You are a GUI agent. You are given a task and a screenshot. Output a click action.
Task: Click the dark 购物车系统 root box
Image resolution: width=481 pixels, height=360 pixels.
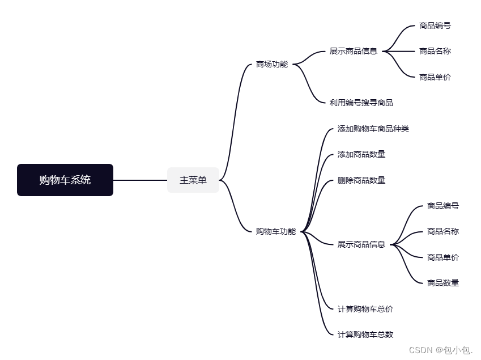65,180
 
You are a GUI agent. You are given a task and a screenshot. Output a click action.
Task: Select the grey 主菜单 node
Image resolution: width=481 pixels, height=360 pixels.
193,180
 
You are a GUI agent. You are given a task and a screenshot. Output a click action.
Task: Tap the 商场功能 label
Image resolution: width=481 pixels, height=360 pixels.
272,64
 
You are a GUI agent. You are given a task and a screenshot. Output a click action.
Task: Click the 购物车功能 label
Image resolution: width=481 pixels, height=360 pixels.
276,231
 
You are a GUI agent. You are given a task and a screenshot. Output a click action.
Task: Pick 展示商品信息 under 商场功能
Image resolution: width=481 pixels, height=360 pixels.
354,51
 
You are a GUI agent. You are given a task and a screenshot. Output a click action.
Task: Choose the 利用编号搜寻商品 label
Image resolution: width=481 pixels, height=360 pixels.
361,103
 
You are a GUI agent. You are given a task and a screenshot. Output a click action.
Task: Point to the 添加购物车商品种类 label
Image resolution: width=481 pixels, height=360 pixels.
373,129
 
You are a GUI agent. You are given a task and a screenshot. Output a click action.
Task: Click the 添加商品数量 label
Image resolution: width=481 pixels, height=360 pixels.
361,154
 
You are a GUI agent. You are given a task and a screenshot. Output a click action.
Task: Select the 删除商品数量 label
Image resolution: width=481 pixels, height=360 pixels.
361,180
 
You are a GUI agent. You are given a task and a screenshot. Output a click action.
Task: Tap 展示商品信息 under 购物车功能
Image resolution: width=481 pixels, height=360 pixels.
361,244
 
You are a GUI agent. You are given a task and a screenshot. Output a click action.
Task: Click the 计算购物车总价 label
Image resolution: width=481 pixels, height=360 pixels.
365,309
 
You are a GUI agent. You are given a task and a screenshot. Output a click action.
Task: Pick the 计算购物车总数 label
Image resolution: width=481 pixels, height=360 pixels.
365,334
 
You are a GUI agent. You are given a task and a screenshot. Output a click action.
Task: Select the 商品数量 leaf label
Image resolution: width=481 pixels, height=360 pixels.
443,283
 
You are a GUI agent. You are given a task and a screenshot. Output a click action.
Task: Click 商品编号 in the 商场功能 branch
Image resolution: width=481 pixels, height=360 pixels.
435,26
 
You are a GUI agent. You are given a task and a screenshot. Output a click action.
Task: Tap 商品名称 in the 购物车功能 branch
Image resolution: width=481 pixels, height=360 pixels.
443,231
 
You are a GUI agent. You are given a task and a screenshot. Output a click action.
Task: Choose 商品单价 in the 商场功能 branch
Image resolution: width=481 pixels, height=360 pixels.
435,77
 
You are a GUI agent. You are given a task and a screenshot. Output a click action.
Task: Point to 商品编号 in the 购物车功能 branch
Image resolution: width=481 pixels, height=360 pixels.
443,206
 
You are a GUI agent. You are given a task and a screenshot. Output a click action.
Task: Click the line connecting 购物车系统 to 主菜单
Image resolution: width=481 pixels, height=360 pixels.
140,180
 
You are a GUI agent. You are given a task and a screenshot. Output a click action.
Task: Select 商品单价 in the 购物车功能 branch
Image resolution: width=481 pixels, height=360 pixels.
443,257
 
